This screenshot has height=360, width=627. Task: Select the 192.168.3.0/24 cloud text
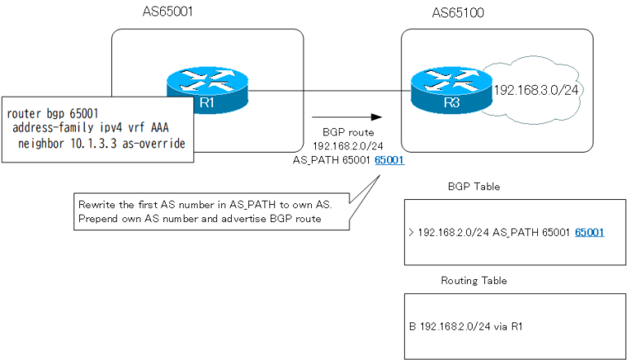[536, 90]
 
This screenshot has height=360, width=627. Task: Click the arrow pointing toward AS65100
[348, 118]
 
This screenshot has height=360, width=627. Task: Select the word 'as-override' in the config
[157, 144]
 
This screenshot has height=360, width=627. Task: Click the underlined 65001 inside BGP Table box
[589, 233]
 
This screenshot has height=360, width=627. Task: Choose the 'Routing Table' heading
[474, 280]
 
